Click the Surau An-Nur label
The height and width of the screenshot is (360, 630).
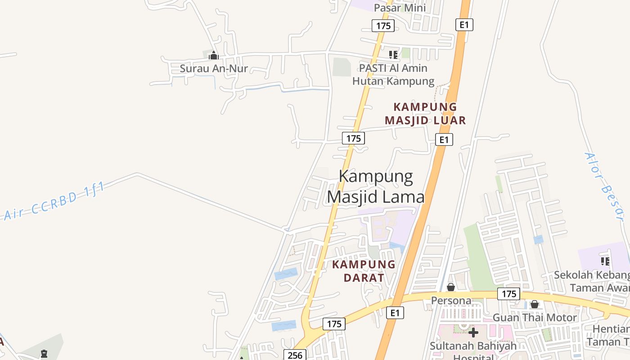(x=214, y=69)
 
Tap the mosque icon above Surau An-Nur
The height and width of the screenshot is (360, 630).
(x=214, y=56)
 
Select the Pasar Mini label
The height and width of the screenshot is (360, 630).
(x=400, y=8)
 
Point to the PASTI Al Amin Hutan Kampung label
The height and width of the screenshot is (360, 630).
(x=393, y=75)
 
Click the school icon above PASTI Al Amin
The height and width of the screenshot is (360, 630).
(x=393, y=55)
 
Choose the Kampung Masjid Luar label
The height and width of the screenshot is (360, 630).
(x=425, y=113)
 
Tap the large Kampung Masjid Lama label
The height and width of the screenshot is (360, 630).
(x=376, y=186)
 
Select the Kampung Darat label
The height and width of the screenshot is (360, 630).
(x=364, y=271)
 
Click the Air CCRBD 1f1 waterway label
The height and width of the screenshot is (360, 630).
(x=54, y=201)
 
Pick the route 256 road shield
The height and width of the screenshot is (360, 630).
(x=295, y=355)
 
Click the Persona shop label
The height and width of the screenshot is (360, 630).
(x=451, y=300)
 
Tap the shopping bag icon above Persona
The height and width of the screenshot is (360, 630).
(x=451, y=287)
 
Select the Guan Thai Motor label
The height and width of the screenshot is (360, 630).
(x=535, y=318)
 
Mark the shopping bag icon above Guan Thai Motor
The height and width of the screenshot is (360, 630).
(x=535, y=305)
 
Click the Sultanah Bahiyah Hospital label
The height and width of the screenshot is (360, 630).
(x=473, y=351)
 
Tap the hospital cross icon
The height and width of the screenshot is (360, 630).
(x=473, y=333)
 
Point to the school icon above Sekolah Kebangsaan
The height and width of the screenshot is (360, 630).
(x=605, y=261)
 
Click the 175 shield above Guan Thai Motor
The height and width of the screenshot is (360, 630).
(x=509, y=294)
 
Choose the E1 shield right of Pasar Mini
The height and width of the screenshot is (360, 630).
(x=464, y=25)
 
